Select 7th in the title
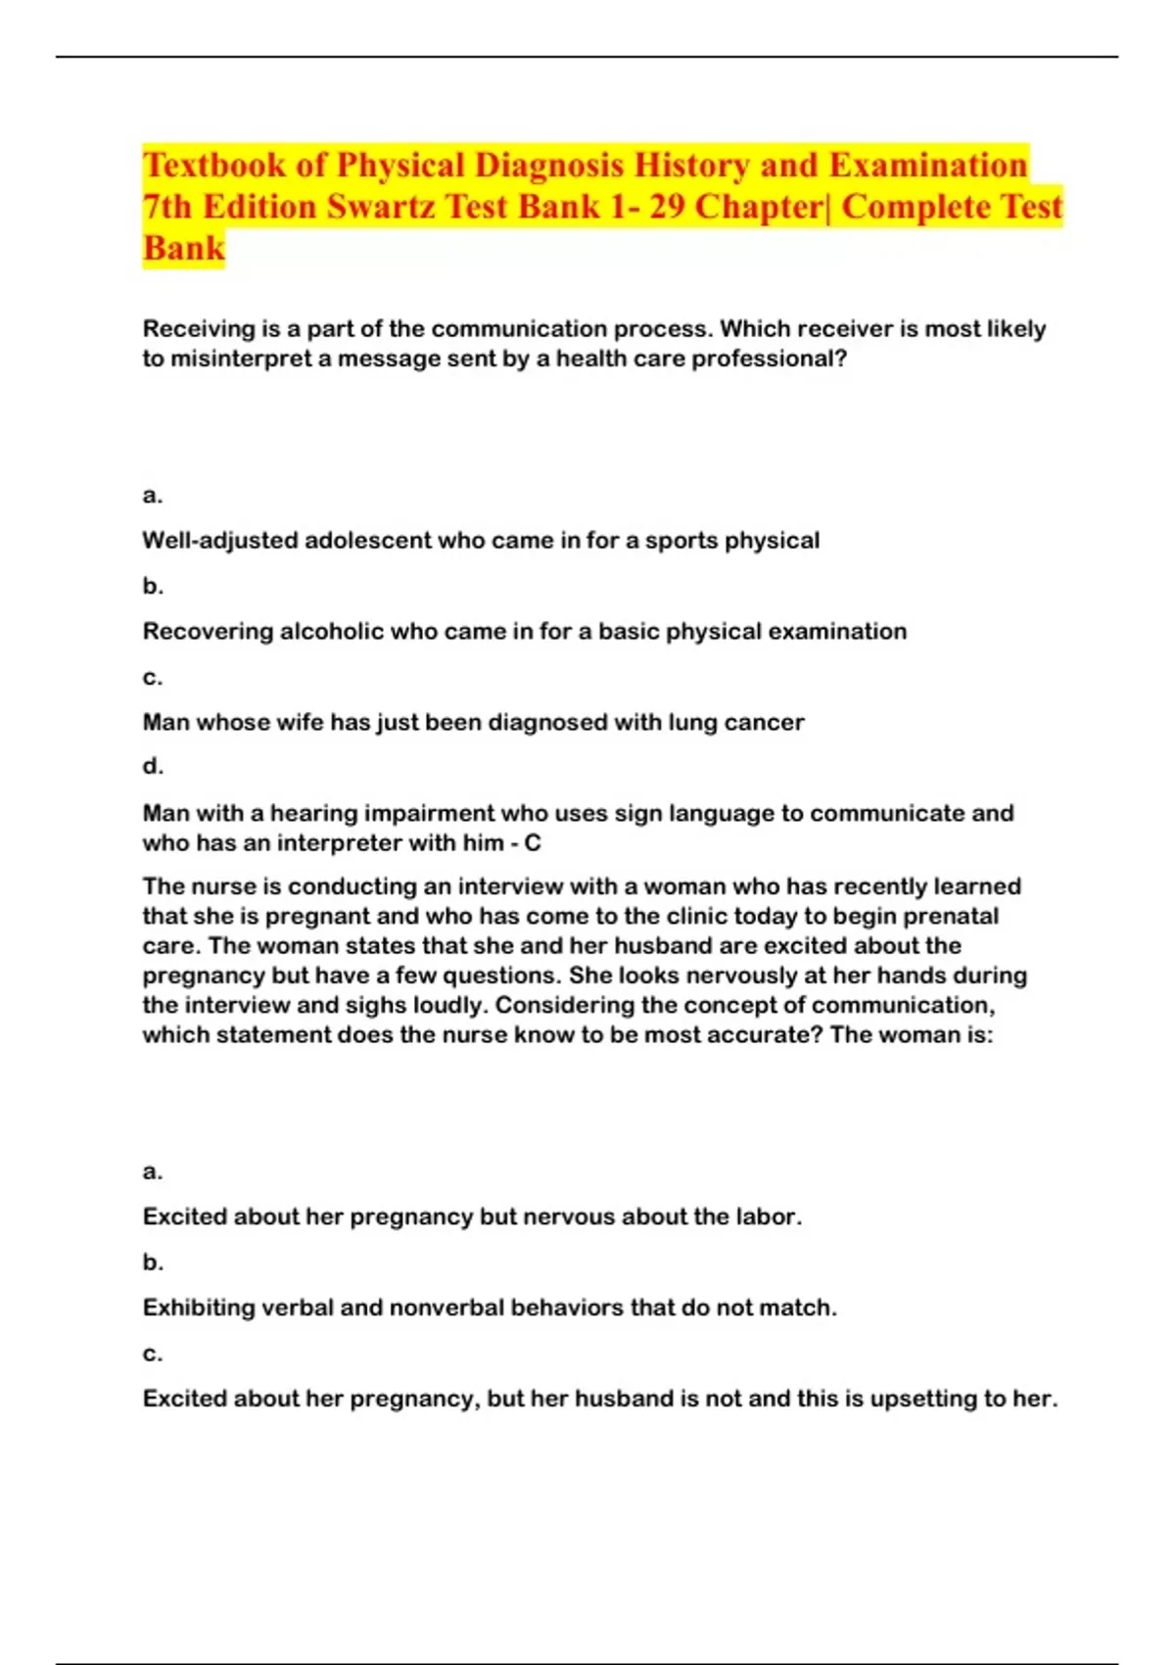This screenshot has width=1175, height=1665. point(168,207)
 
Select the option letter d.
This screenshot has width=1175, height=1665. point(152,767)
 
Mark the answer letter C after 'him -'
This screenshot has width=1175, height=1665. point(533,843)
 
